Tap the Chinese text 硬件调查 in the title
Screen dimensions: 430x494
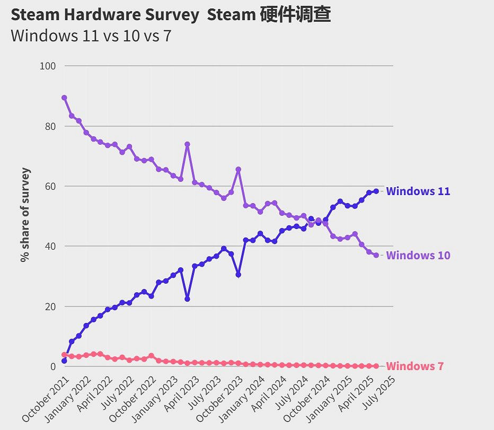coord(295,15)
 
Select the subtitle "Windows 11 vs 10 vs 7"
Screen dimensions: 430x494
coord(91,36)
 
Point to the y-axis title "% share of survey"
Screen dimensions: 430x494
coord(25,215)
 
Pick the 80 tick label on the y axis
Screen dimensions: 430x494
coord(50,127)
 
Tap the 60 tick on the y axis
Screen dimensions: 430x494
coord(50,187)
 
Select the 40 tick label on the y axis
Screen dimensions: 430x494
coord(50,247)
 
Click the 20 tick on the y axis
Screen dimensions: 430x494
coord(50,307)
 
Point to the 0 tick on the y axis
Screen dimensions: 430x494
coord(53,367)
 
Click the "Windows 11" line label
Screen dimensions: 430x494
coord(418,191)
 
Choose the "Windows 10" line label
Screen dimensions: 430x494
coord(418,256)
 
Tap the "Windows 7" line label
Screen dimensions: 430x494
coord(414,366)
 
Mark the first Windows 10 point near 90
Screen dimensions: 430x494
coord(64,98)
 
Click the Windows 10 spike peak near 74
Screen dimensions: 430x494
coord(187,144)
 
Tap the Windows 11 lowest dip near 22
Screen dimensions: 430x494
coord(187,299)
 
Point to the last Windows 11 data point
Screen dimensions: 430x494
coord(376,191)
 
